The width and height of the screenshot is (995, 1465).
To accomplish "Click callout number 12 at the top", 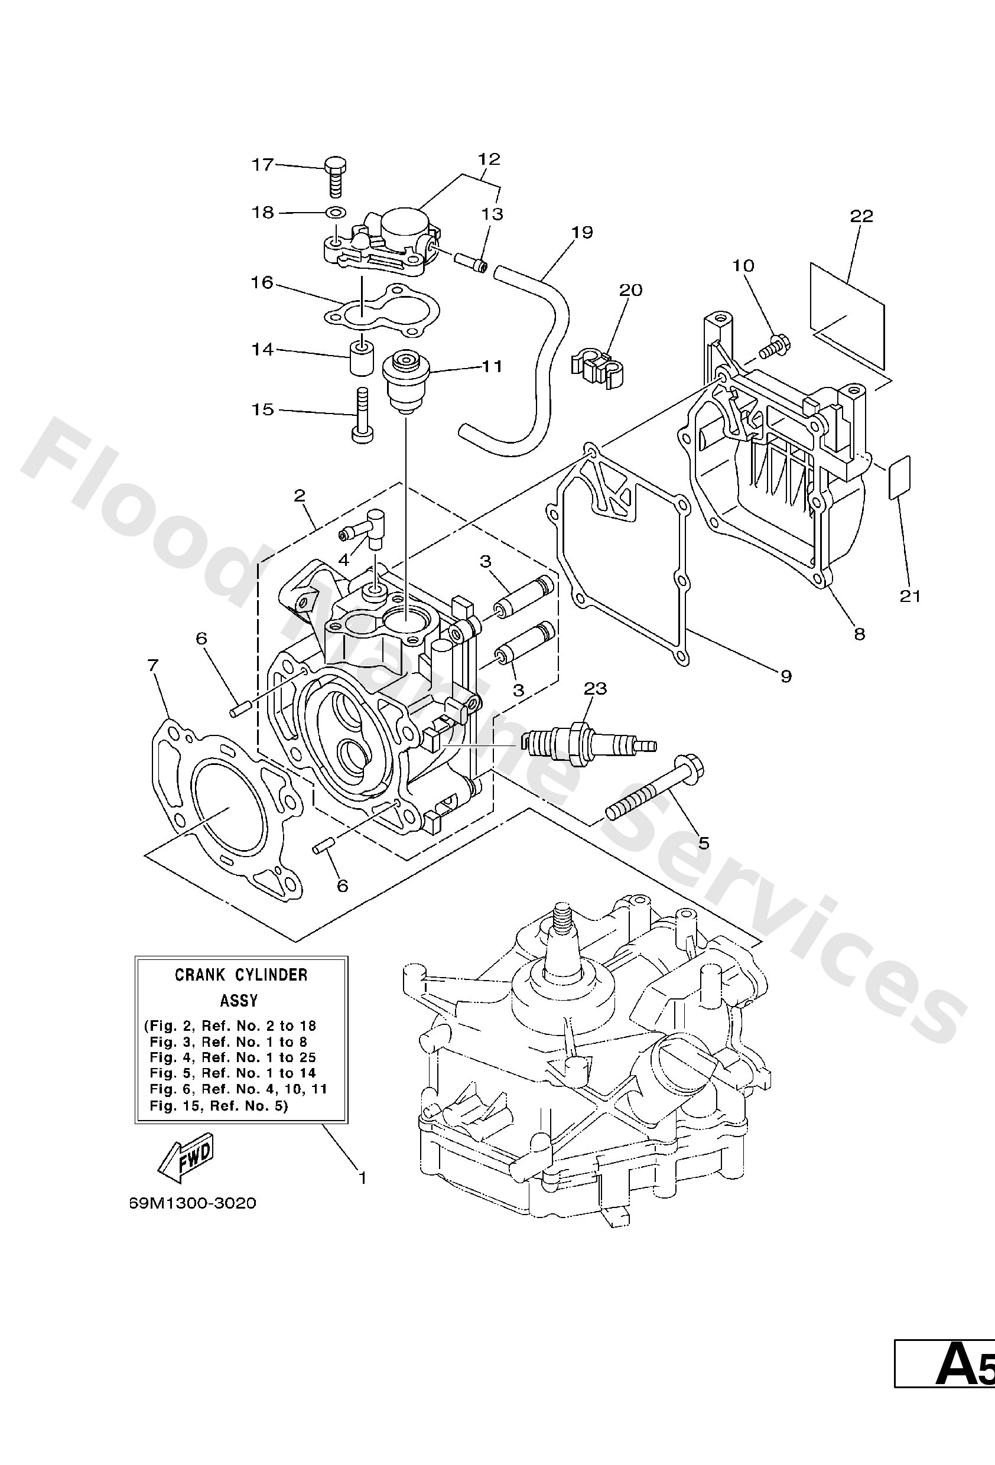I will [489, 159].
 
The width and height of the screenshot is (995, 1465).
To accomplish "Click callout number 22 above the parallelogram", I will [861, 216].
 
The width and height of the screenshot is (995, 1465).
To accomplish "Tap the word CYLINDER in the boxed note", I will [271, 975].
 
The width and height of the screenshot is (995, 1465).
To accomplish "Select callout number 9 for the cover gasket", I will [786, 676].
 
